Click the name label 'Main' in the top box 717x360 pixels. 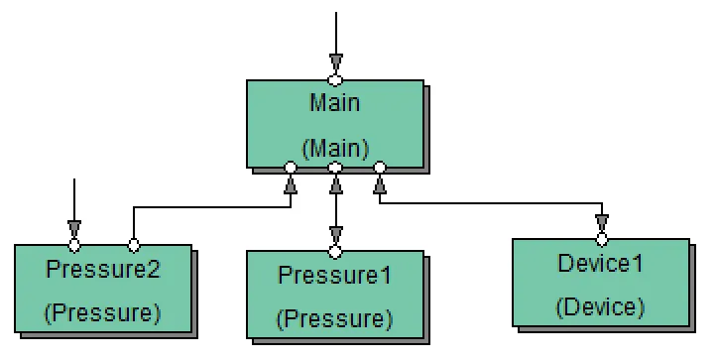[x=335, y=103]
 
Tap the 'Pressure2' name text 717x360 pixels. [x=103, y=269]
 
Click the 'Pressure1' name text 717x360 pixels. [x=335, y=275]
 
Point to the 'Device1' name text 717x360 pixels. [x=601, y=264]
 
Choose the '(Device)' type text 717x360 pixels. [x=601, y=306]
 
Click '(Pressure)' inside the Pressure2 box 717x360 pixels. [x=103, y=312]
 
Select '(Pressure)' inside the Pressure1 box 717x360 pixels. [x=335, y=318]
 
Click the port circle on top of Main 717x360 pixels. [x=335, y=79]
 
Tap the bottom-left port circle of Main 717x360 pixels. [x=291, y=168]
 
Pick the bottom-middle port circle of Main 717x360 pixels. [x=335, y=168]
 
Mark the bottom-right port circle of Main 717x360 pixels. [x=380, y=168]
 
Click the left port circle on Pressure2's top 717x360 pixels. [x=73, y=244]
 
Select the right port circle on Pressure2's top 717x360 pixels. [x=134, y=244]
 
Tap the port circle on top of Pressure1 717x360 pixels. [x=335, y=251]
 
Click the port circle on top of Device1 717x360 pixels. [x=601, y=239]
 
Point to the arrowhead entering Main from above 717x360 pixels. [x=335, y=62]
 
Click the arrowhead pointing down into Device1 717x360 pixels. [x=601, y=223]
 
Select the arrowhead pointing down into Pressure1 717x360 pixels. [x=335, y=235]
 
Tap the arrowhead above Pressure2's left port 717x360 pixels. [x=73, y=228]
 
